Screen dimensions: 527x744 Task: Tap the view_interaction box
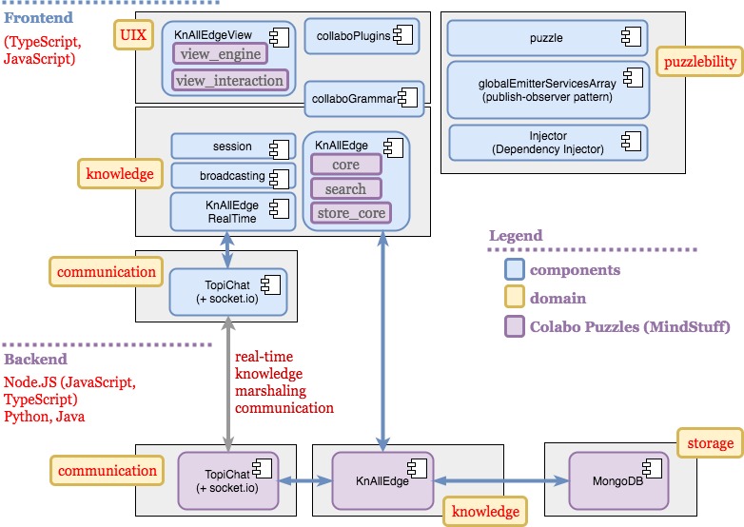pos(229,81)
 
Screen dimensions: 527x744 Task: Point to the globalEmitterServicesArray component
pos(548,89)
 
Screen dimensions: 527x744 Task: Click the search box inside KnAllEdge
pos(346,188)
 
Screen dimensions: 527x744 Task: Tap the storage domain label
pos(710,442)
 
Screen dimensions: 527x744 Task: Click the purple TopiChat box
pos(228,481)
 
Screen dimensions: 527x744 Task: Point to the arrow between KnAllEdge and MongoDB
pos(501,481)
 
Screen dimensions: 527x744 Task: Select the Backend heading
pos(36,360)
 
